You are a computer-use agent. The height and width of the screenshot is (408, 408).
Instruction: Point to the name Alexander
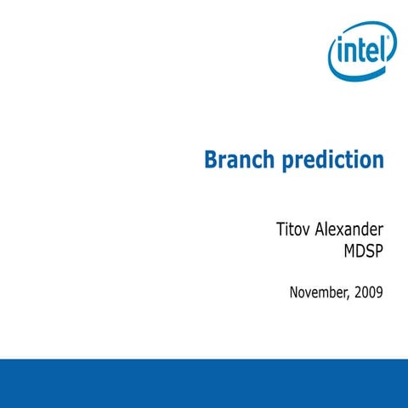tap(349, 230)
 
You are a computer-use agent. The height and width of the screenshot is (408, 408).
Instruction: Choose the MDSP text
tap(360, 252)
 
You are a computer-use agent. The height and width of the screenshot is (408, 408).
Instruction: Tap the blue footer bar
tap(204, 382)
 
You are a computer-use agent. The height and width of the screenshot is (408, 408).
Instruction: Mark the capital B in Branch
tap(212, 159)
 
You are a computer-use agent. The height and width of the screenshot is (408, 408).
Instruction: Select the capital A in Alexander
tap(320, 230)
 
